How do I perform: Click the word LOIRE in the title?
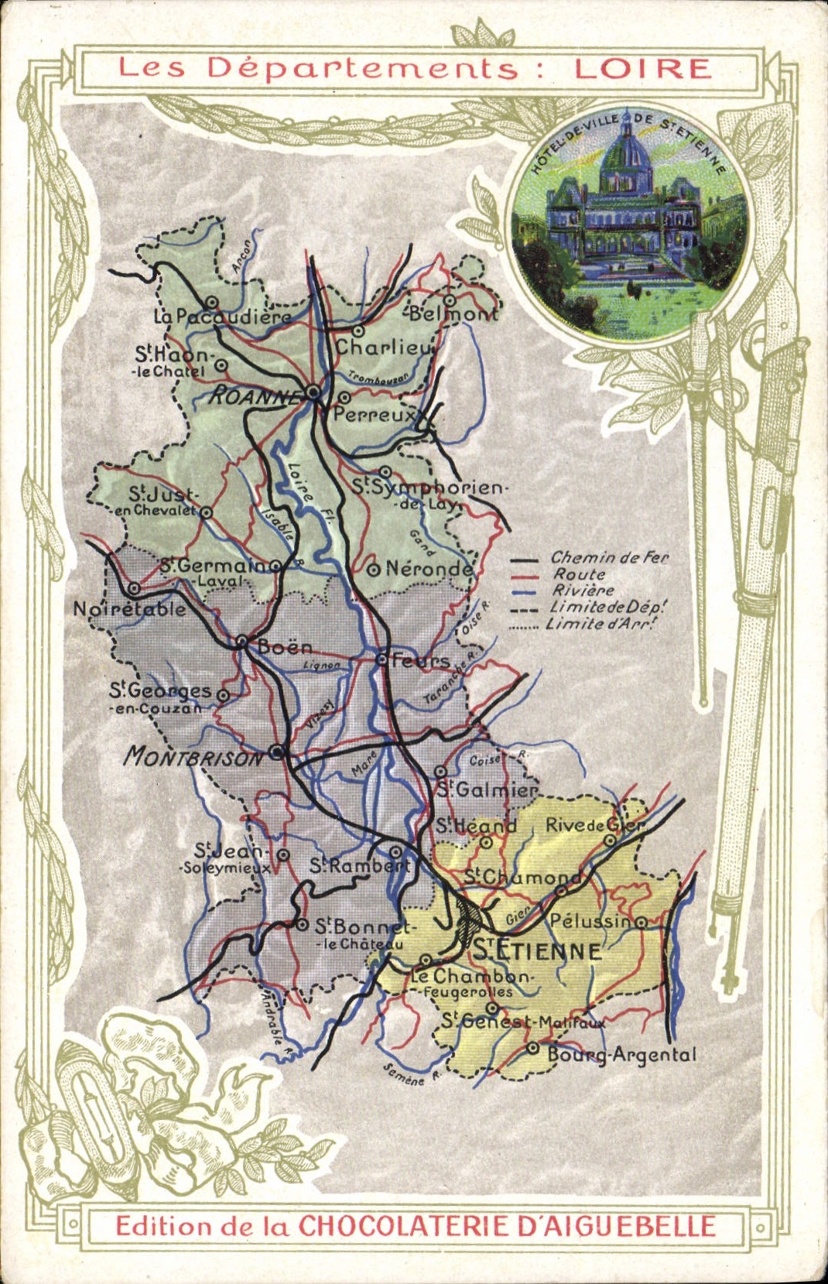coord(642,68)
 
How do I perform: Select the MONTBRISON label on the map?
coord(193,755)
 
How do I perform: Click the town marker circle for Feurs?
coord(381,659)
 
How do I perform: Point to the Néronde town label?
coord(428,569)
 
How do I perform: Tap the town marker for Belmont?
coord(450,300)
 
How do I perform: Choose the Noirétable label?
coord(129,609)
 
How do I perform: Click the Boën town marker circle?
coord(241,641)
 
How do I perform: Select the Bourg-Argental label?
coord(621,1054)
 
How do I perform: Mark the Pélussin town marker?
coord(642,921)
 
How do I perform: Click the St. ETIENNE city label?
coord(536,950)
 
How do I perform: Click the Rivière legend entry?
coord(583,591)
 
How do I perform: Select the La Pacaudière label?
coord(222,316)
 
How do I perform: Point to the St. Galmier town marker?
coord(440,772)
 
